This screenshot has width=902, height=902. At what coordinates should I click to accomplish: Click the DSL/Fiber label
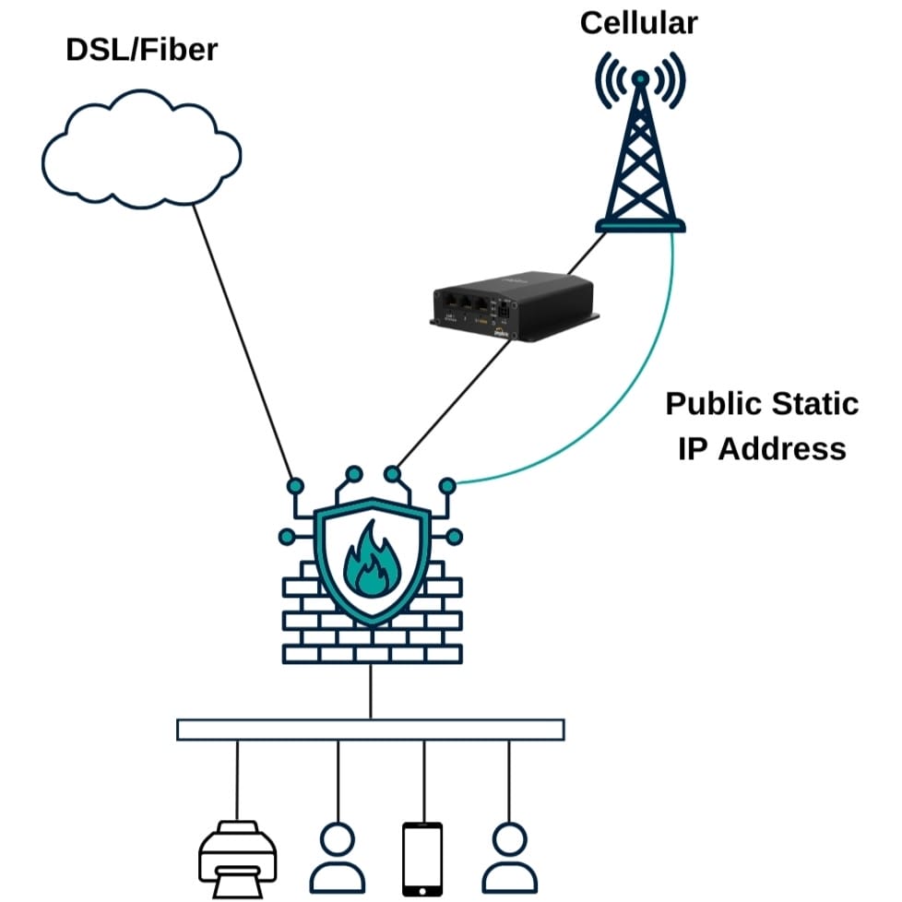(x=141, y=50)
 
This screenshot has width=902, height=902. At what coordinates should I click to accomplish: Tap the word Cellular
(x=638, y=22)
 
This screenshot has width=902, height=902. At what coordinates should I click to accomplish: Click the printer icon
(x=238, y=860)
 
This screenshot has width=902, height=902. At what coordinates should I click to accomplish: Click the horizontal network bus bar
(x=370, y=730)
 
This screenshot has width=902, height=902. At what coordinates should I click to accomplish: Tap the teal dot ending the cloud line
(x=295, y=485)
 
